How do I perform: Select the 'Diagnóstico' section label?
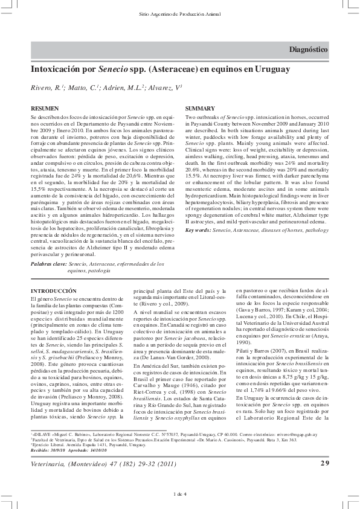pos(309,49)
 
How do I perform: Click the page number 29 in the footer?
pos(324,463)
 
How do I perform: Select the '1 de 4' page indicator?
pos(179,494)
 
